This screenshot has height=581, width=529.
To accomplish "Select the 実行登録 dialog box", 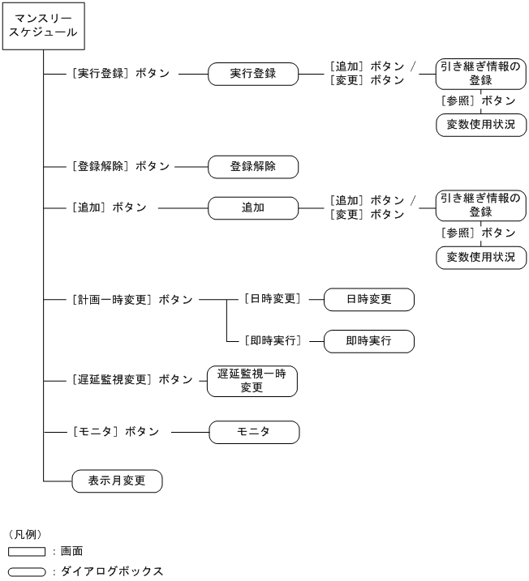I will pos(253,74).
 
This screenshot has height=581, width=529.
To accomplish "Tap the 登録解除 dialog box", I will pos(253,167).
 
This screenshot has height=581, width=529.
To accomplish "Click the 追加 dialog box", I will pos(253,207).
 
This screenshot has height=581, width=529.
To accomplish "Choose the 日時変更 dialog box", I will pos(368,299).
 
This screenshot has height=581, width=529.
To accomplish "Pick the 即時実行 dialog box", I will pos(368,340).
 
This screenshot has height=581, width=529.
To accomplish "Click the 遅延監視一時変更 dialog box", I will pos(252,381).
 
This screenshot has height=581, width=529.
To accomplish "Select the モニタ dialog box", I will pos(254,432).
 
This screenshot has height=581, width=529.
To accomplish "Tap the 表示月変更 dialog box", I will pos(117,481).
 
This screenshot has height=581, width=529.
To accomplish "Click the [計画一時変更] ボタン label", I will pos(131,299).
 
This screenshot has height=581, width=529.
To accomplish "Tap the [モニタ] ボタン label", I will pos(114,432).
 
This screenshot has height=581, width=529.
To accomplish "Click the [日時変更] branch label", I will pos(272,299).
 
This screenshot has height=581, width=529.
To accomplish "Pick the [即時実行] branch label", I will pos(272,340).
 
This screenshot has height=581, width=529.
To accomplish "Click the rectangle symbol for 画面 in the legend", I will pos(27,552).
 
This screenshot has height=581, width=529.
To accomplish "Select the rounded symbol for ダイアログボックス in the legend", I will pos(27,571).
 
